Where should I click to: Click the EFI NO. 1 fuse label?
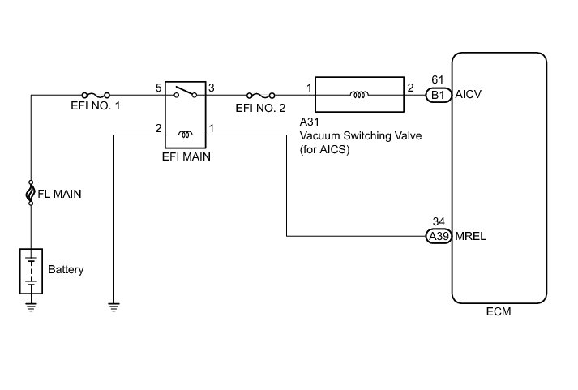95,107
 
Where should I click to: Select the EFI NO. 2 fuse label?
260,107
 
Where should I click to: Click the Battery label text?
66,269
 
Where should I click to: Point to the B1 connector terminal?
438,95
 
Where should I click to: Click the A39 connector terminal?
438,237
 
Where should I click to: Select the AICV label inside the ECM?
470,95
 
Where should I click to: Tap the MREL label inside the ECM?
471,237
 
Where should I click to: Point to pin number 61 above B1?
438,80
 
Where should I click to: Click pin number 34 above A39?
438,222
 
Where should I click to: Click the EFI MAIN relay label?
186,157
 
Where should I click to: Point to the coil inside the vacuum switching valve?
358,95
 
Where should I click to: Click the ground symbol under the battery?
31,306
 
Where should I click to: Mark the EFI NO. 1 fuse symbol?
96,94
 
